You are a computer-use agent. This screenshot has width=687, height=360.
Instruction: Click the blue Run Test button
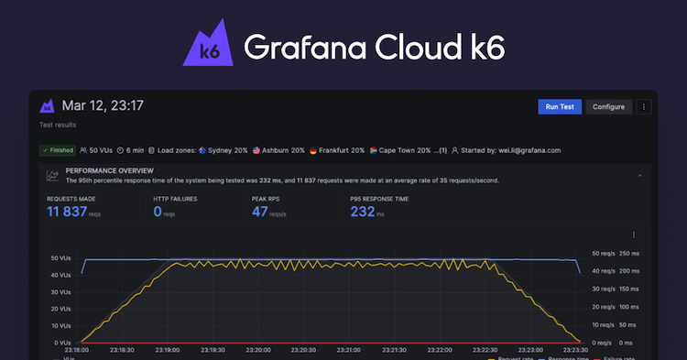coord(559,107)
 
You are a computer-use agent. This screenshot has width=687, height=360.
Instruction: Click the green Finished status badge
coord(57,150)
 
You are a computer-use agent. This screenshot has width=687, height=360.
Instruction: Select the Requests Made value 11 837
coord(66,213)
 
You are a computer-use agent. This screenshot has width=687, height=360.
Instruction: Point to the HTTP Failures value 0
coord(158,213)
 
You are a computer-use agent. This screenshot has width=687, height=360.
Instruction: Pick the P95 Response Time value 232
coord(362,213)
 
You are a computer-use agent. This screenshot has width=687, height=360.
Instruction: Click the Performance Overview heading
coord(109,171)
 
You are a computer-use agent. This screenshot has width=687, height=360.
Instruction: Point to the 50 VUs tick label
coord(60,257)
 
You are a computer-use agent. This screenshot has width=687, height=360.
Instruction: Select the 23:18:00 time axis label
coord(79,349)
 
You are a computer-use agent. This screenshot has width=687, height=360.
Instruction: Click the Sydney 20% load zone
coord(220,150)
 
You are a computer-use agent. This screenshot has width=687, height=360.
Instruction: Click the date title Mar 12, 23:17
coord(104,106)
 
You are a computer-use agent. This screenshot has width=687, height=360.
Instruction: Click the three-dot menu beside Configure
coord(644,107)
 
